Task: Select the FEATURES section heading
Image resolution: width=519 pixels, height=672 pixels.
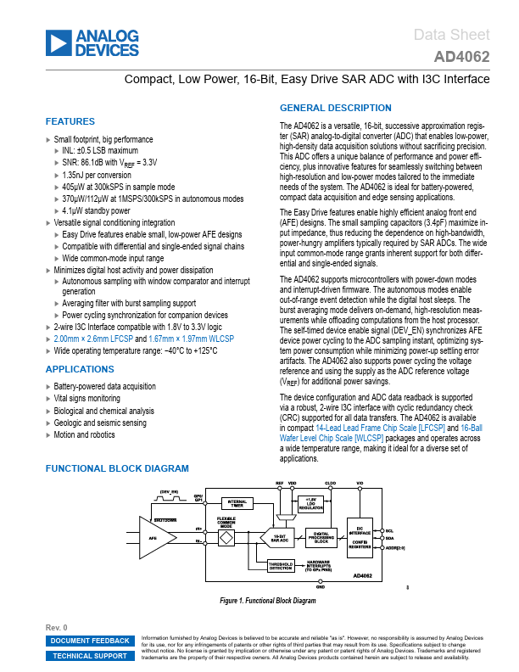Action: (x=70, y=121)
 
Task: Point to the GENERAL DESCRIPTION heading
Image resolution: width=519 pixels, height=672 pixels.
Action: (x=336, y=108)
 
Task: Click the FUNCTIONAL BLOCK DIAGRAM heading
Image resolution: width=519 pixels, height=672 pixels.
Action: (x=117, y=468)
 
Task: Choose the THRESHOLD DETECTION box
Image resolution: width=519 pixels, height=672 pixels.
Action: (x=281, y=566)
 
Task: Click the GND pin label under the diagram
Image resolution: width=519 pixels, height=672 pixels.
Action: (x=320, y=585)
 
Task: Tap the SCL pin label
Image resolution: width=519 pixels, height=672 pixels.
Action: (x=389, y=530)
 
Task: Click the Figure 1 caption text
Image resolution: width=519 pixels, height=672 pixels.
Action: (x=267, y=601)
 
